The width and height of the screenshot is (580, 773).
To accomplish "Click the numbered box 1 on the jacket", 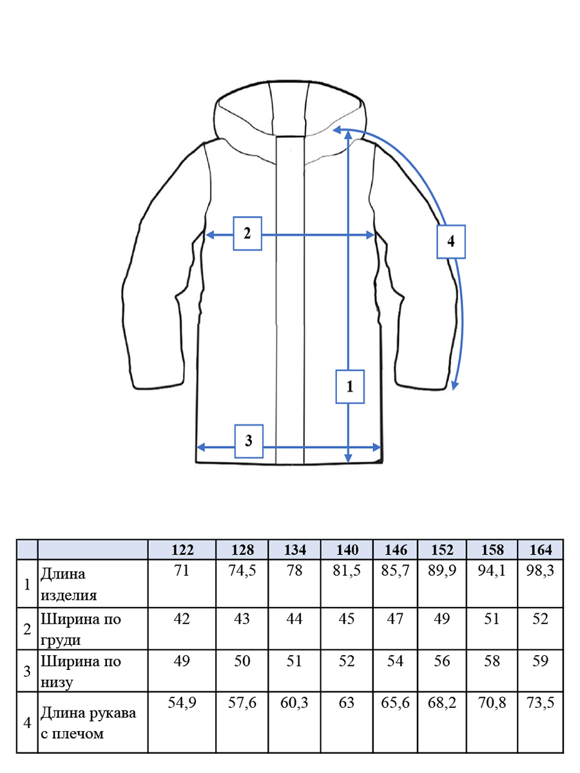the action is pos(350,386).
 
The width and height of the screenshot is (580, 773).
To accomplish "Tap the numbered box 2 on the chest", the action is pos(247,233).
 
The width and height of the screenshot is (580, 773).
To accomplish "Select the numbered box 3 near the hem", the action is pos(249,441).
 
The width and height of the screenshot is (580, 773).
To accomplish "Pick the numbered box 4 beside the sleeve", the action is pos(451,242).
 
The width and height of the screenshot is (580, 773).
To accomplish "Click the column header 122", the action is pos(182,549).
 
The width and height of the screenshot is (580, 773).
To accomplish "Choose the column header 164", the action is pos(541,549).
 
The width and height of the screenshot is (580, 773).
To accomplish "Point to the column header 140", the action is pos(347,549).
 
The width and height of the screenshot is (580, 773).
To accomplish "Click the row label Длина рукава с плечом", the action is pos(88,723).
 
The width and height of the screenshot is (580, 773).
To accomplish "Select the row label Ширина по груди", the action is pos(81,629).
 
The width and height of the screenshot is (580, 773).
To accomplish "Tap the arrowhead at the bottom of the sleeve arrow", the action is pos(454,386).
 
